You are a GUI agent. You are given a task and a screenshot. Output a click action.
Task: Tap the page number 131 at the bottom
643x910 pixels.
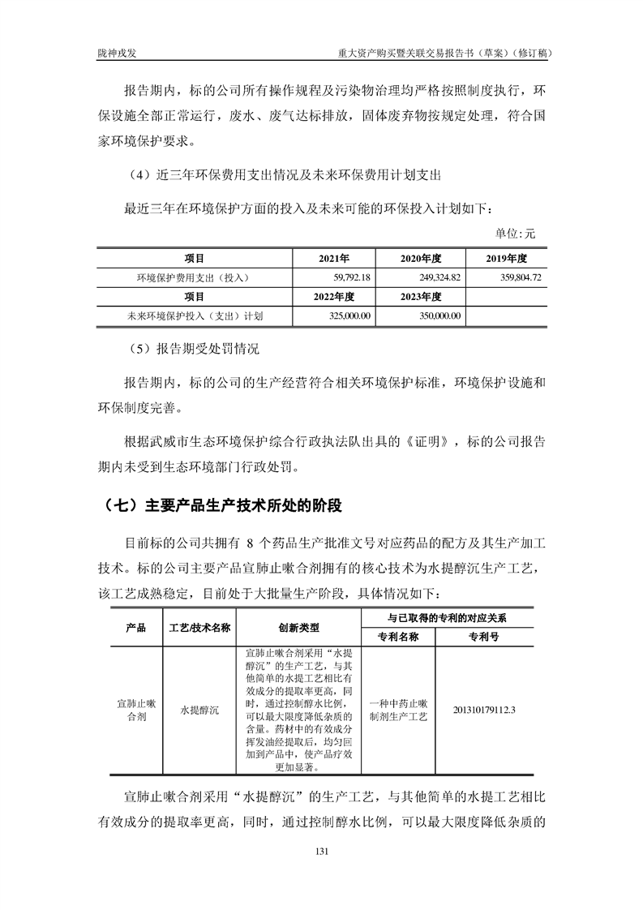point(321,851)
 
